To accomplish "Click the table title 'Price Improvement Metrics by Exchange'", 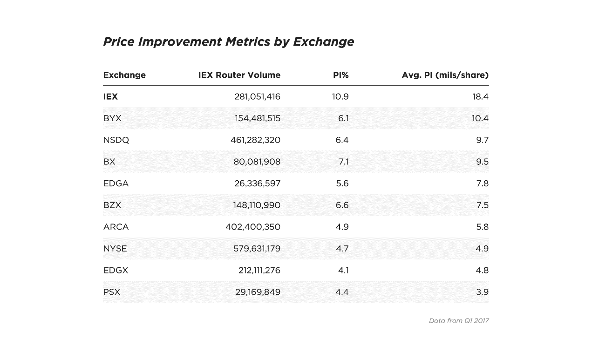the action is (x=228, y=42).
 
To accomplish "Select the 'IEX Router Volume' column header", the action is (x=239, y=75).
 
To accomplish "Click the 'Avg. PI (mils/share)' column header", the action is (x=445, y=75).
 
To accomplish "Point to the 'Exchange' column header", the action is (x=124, y=75).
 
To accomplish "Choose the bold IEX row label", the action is (x=110, y=97).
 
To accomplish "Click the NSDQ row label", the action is (x=116, y=140).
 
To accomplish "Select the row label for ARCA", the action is (x=116, y=227).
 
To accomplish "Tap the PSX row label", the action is (x=112, y=292).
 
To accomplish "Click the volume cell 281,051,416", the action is (x=257, y=97).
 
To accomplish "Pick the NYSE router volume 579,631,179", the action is (x=257, y=249).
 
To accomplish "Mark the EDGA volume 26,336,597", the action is (x=257, y=183).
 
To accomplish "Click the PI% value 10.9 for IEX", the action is (x=340, y=97).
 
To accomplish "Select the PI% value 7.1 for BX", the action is (x=343, y=162).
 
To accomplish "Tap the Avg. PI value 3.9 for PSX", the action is (x=482, y=292).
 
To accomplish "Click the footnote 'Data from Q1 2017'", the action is (x=458, y=321).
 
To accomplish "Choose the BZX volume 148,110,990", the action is (x=257, y=205).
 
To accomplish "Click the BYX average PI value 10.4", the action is (x=480, y=118).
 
